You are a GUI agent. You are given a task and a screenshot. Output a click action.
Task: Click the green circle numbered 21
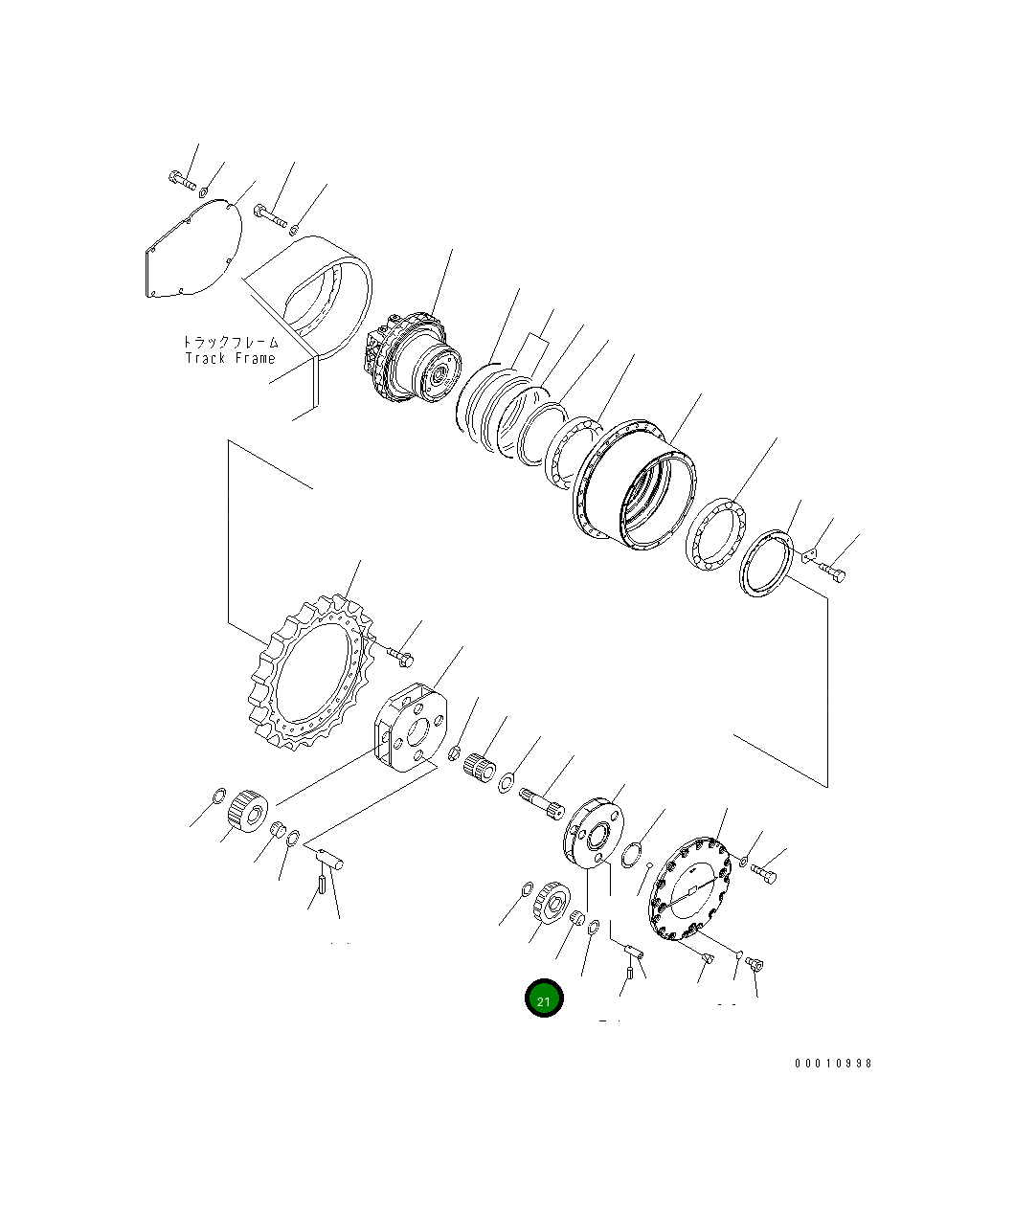coord(544,999)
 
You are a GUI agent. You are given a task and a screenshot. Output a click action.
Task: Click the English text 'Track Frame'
coord(230,358)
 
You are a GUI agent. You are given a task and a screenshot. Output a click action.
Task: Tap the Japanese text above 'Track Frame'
coord(230,341)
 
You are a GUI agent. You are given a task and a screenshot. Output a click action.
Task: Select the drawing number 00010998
coord(832,1064)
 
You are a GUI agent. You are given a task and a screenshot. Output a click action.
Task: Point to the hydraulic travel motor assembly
coord(412,362)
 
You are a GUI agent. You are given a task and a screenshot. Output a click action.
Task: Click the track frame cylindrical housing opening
coord(326,297)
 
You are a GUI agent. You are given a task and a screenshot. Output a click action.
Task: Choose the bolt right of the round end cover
coord(764,873)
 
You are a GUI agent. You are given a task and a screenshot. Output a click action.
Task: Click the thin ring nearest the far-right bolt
coord(767,565)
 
